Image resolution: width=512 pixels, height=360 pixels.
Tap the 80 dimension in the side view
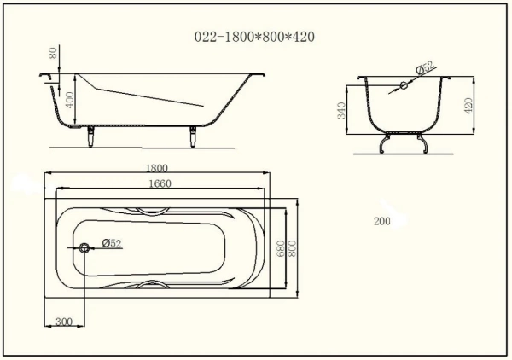click(x=55, y=55)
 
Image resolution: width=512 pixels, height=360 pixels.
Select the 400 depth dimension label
click(x=71, y=100)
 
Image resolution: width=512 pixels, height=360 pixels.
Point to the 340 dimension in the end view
click(x=342, y=112)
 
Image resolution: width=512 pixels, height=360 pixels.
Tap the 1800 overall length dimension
click(x=158, y=169)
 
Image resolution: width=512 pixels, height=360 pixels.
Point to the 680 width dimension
click(x=280, y=247)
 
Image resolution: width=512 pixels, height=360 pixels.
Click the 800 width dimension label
click(x=292, y=247)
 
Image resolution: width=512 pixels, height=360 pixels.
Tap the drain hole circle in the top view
click(x=85, y=248)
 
